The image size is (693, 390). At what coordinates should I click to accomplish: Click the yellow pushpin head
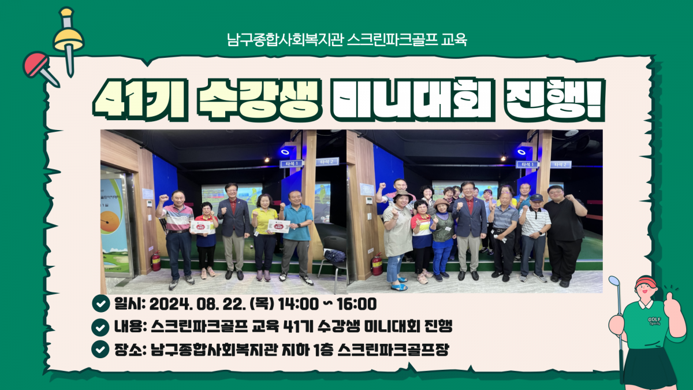tap(68, 38)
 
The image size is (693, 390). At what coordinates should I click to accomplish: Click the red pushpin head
tap(36, 64)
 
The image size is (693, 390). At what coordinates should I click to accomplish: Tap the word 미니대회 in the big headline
tap(411, 99)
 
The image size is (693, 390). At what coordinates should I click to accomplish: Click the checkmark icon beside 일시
tap(101, 303)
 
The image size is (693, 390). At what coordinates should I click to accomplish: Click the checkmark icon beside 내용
tap(100, 327)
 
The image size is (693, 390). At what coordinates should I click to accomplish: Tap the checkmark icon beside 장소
tap(100, 350)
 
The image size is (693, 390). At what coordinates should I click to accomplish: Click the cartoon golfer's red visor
tap(646, 283)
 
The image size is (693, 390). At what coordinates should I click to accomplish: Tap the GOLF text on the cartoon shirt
tap(654, 320)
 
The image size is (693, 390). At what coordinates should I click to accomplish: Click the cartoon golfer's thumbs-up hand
tap(671, 304)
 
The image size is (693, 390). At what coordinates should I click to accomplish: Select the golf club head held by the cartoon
tap(614, 280)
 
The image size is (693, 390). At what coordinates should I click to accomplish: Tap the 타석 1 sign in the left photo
tap(292, 164)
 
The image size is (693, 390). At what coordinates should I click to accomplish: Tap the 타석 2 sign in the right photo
tap(561, 165)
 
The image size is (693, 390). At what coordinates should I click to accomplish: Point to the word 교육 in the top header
tap(454, 40)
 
